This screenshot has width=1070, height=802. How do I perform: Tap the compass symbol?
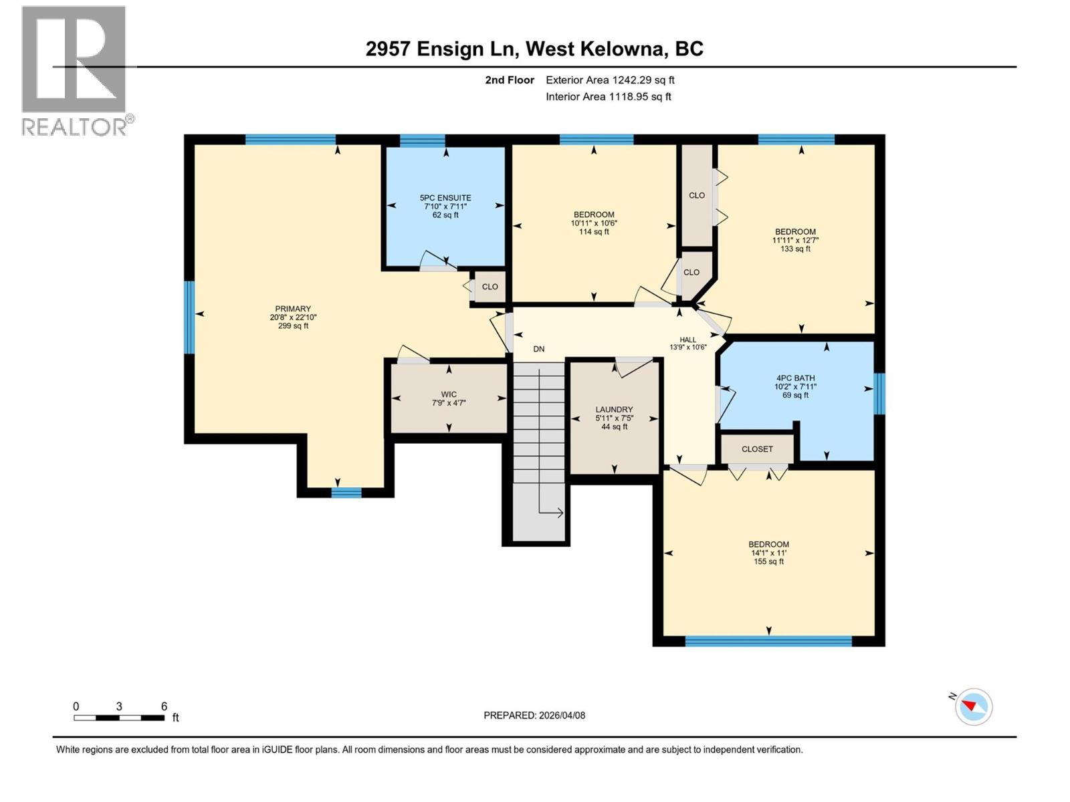[974, 706]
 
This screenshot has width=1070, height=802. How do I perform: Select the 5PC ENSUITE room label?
[445, 206]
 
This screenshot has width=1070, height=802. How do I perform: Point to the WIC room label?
[449, 398]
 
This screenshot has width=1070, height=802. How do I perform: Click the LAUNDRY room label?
[614, 418]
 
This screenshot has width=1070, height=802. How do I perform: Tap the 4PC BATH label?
[795, 386]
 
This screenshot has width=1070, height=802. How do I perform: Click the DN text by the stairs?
[539, 349]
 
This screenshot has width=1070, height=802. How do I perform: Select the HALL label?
[688, 344]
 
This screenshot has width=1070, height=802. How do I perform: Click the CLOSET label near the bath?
[757, 449]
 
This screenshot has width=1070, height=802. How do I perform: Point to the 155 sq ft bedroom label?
[768, 553]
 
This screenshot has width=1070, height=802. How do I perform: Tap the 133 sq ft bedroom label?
[795, 240]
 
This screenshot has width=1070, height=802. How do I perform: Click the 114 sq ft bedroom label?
[593, 223]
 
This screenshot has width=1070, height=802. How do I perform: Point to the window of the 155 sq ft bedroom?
[768, 641]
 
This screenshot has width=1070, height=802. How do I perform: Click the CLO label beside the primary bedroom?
[490, 287]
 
